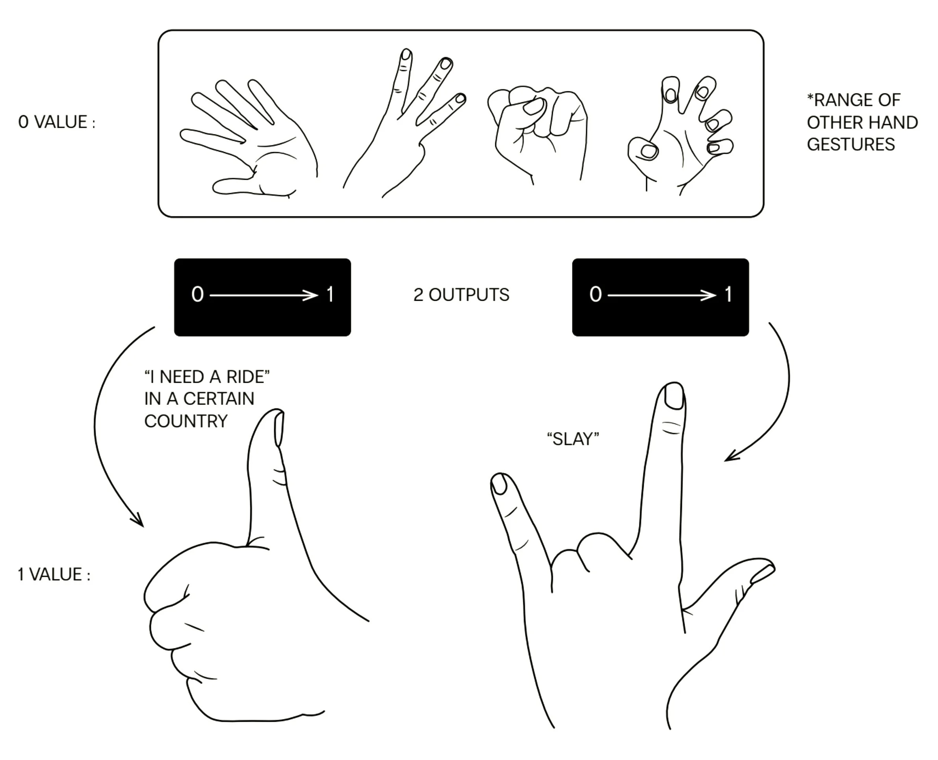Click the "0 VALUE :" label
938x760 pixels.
point(56,122)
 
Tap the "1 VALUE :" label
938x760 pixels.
point(54,574)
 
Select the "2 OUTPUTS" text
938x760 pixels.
point(461,295)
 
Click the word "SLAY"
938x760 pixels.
point(573,439)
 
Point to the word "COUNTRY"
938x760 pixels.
point(186,421)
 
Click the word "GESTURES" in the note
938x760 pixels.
point(851,144)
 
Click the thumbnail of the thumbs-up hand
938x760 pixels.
point(279,428)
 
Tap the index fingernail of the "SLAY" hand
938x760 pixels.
point(674,396)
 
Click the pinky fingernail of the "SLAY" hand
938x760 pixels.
point(499,484)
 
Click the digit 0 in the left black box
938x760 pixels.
point(198,294)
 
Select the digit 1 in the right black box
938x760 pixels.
point(728,294)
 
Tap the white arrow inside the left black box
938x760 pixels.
point(264,296)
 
